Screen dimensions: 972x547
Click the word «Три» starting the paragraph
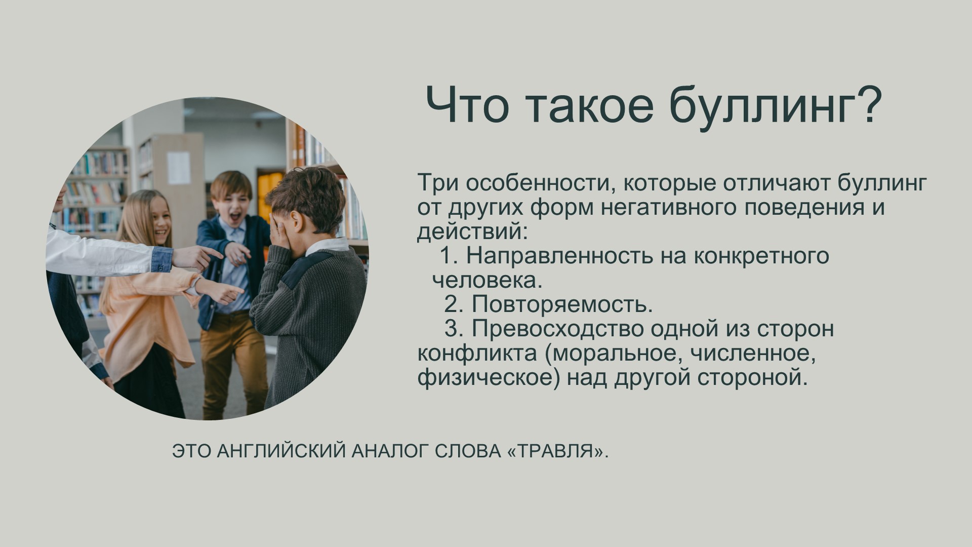[437, 182]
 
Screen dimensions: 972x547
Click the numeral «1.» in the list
[449, 256]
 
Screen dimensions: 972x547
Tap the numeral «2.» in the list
[454, 304]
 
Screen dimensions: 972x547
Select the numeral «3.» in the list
[454, 329]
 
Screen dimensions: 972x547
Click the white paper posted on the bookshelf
[179, 168]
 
